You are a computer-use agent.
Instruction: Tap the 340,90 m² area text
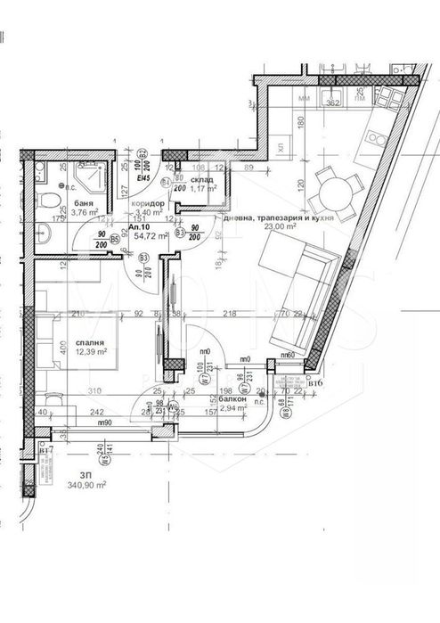[x=86, y=485]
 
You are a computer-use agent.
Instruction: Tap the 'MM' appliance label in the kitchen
[x=304, y=97]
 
